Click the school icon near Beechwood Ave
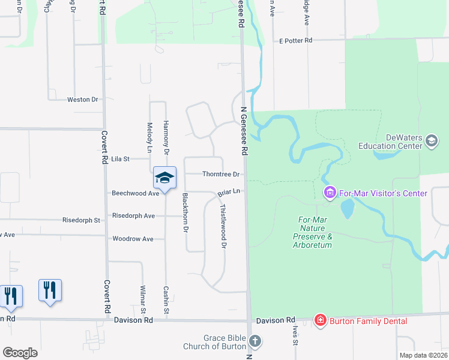164,178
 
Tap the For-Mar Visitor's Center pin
330,193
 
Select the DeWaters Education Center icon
431,141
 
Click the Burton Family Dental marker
321,321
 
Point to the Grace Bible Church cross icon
255,342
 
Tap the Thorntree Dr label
221,175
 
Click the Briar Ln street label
229,192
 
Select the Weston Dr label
82,100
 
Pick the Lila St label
121,159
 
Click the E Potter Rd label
296,41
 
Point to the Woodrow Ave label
133,239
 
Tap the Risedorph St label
81,220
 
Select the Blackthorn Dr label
185,213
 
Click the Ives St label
295,335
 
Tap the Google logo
20,353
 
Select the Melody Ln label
149,137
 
